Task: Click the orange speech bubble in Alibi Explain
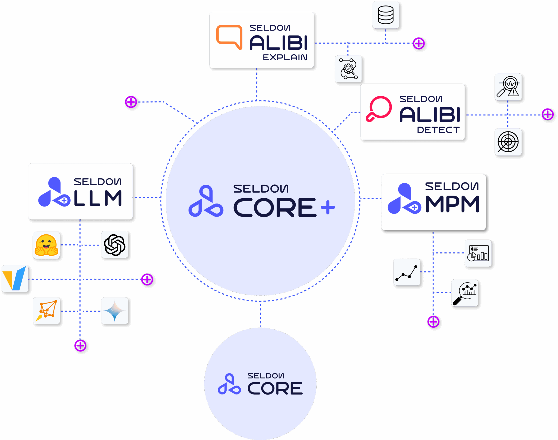pyautogui.click(x=229, y=37)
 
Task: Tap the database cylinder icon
pyautogui.click(x=386, y=15)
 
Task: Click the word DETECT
pyautogui.click(x=438, y=130)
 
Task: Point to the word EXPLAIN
pyautogui.click(x=285, y=58)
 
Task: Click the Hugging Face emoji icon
pyautogui.click(x=46, y=245)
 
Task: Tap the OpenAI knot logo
pyautogui.click(x=115, y=245)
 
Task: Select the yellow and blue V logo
pyautogui.click(x=15, y=279)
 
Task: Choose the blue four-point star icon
pyautogui.click(x=115, y=311)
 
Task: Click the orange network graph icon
pyautogui.click(x=47, y=311)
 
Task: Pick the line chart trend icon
pyautogui.click(x=407, y=272)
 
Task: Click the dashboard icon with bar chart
pyautogui.click(x=478, y=253)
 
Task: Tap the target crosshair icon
pyautogui.click(x=508, y=142)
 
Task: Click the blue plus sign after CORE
pyautogui.click(x=328, y=208)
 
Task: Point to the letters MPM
pyautogui.click(x=452, y=204)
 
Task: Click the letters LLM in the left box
pyautogui.click(x=98, y=198)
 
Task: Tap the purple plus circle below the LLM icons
pyautogui.click(x=81, y=346)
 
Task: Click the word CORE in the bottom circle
pyautogui.click(x=275, y=388)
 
